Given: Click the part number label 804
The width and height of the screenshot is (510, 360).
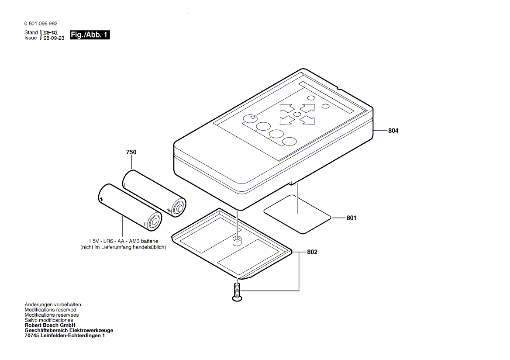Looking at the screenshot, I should click(x=393, y=131).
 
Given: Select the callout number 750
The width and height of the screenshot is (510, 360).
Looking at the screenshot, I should click(x=131, y=152).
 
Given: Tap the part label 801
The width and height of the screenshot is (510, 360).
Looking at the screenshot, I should click(x=351, y=218).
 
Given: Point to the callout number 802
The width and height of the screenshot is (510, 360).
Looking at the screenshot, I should click(x=312, y=252).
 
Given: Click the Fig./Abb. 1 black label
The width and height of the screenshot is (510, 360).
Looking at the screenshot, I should click(x=90, y=35).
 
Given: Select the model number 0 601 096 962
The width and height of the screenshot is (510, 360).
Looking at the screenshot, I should click(x=41, y=24).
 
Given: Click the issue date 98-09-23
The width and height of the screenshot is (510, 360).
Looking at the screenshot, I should click(x=51, y=38).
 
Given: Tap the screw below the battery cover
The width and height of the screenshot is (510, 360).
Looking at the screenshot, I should click(x=237, y=292).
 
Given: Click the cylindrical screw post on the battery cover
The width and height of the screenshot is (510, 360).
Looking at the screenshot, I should click(x=237, y=241).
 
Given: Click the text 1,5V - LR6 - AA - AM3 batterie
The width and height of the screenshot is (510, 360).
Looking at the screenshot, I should click(x=123, y=241).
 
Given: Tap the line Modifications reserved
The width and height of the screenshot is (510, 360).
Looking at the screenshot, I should click(x=50, y=310).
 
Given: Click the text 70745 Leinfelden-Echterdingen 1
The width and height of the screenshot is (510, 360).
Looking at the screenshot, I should click(x=65, y=336).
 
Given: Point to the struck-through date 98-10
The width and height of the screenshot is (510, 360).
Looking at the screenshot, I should click(x=50, y=33).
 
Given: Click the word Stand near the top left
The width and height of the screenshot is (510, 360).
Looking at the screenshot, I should click(x=31, y=33).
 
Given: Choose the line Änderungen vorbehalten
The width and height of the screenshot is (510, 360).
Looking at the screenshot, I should click(x=53, y=305).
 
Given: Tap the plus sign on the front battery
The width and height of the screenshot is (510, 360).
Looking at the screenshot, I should click(x=101, y=199).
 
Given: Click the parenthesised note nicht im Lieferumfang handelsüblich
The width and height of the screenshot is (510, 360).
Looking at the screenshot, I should click(x=123, y=247).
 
